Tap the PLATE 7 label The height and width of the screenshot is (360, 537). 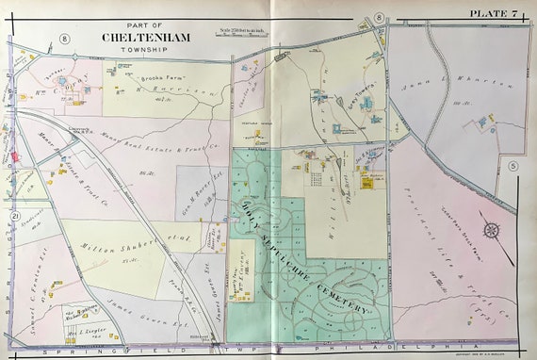coord(497,10)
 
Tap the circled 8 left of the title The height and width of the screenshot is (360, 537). coord(65,38)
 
